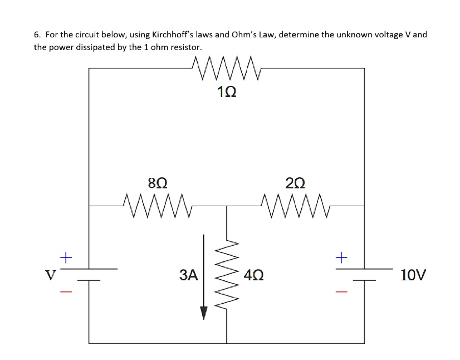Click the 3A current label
point(189,274)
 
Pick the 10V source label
point(413,275)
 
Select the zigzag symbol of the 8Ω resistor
point(158,206)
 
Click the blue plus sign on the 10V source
point(341,257)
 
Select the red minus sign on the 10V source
point(341,291)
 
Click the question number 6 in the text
point(37,35)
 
